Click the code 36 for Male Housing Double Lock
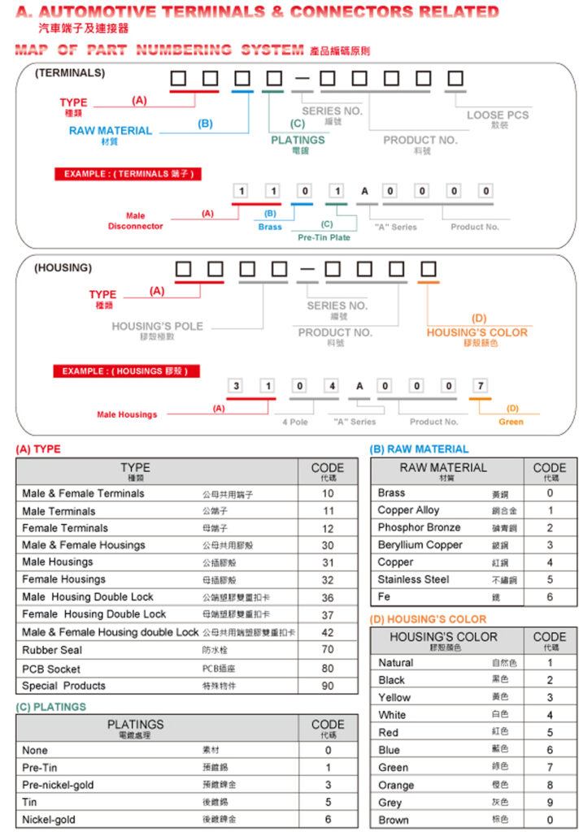[x=327, y=597]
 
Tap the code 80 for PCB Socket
[x=327, y=669]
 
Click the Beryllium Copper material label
[x=420, y=544]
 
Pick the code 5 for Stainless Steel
[x=550, y=579]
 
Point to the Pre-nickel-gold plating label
[x=59, y=785]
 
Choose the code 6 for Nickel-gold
[x=328, y=819]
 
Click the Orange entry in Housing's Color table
[x=396, y=785]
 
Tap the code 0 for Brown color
[x=550, y=820]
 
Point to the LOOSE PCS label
[x=497, y=115]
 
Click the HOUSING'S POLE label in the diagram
[x=157, y=327]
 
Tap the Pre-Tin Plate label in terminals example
[x=324, y=238]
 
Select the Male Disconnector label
[x=135, y=221]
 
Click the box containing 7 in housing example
[x=480, y=386]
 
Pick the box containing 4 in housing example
[x=332, y=386]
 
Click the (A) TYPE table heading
[x=37, y=449]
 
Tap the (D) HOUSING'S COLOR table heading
[x=428, y=619]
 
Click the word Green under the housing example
[x=511, y=422]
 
